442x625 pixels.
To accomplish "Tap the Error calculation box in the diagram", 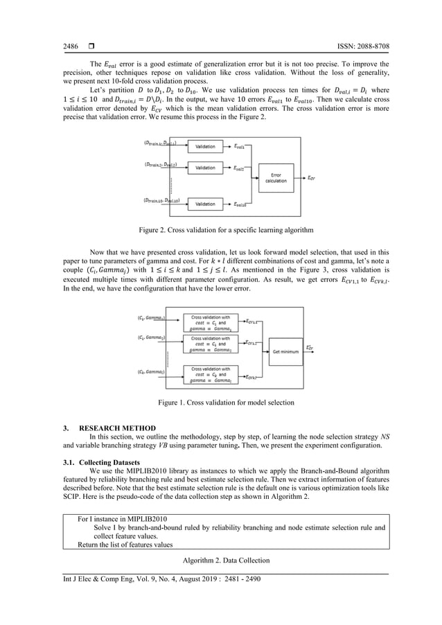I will coord(275,178).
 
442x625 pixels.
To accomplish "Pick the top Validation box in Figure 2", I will coord(205,147).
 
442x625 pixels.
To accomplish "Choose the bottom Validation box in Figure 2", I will coord(205,204).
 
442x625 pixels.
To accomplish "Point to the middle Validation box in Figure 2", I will coord(205,168).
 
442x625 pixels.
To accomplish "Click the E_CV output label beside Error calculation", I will coord(312,178).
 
